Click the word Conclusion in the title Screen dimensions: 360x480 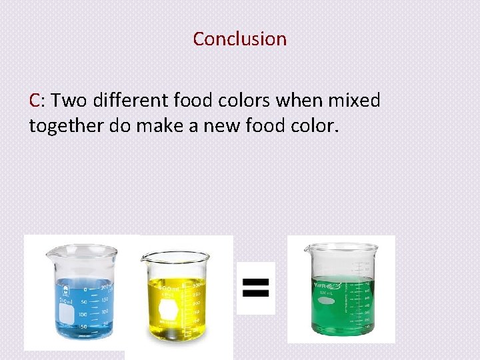pyautogui.click(x=240, y=39)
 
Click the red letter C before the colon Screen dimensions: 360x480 pyautogui.click(x=35, y=101)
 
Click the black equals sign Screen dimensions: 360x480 pyautogui.click(x=256, y=287)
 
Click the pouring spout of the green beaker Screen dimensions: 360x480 pyautogui.click(x=307, y=249)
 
